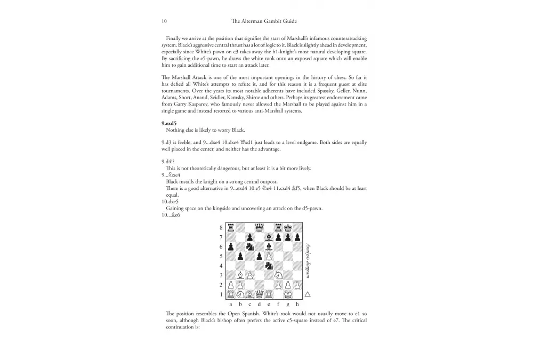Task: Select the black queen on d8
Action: (260, 227)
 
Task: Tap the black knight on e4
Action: (269, 266)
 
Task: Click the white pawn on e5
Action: (269, 256)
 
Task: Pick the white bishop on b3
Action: (240, 275)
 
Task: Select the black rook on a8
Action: (231, 227)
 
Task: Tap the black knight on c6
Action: (250, 246)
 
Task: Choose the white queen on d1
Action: (260, 294)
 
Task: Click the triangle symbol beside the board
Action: (308, 294)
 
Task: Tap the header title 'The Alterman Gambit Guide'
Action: (266, 21)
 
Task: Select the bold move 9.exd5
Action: (169, 123)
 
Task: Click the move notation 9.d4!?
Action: (170, 161)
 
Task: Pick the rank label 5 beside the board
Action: (221, 256)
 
